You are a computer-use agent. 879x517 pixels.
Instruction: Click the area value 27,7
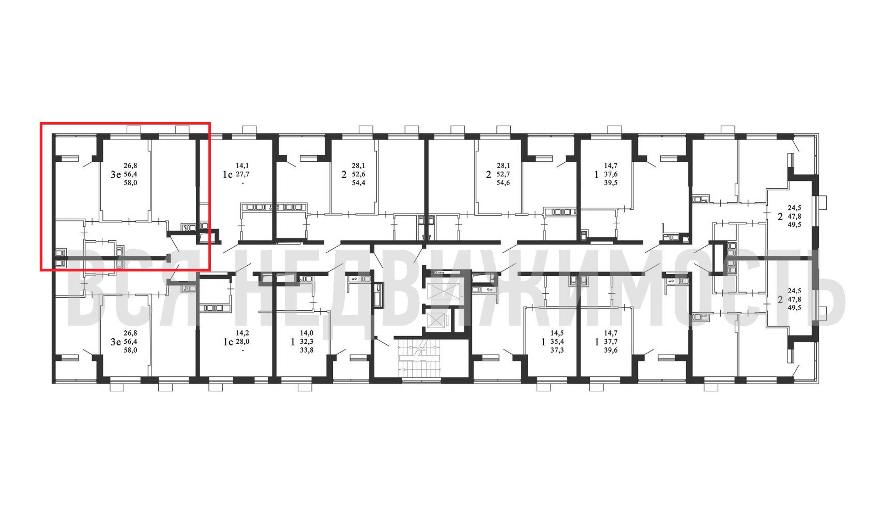pos(243,174)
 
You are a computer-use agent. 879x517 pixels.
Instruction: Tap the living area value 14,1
pos(243,166)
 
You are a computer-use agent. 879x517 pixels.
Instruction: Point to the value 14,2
pos(243,333)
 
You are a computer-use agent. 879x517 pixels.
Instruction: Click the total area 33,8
pos(307,350)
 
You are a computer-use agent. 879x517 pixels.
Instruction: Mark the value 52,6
pos(358,174)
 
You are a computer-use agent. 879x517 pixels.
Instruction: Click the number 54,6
pos(503,183)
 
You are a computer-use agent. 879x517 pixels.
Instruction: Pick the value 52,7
pos(503,174)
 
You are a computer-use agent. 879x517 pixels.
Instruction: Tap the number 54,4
pos(358,183)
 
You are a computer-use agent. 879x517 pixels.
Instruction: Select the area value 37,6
pos(611,174)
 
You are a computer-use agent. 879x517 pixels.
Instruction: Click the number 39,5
pos(611,183)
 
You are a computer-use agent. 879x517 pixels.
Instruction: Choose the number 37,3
pos(557,350)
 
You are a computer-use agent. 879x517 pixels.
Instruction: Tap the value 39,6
pos(611,350)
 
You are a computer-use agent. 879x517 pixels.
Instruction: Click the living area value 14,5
pos(557,333)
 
